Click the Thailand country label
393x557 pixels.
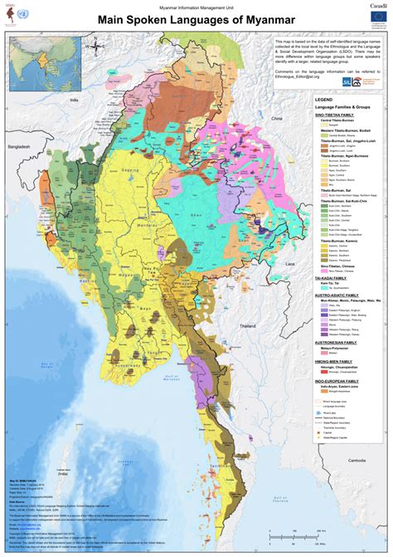tap(248, 327)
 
